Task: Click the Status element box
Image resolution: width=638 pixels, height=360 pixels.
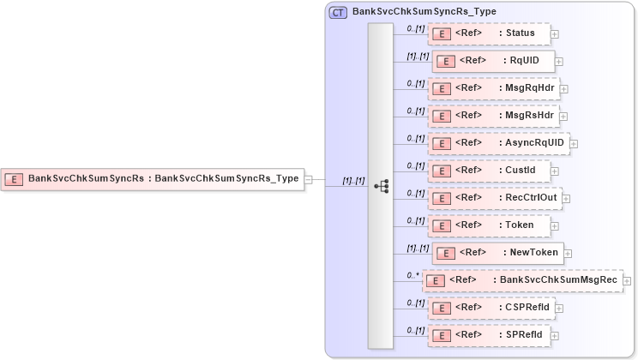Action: (489, 33)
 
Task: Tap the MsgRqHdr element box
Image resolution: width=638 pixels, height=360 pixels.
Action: (493, 88)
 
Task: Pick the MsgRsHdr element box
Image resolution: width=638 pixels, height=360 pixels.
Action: (493, 116)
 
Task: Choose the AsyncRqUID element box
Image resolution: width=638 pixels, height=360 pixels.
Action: (498, 143)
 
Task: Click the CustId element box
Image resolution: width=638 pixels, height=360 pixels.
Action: (489, 171)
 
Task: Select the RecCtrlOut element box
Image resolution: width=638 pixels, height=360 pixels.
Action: (495, 198)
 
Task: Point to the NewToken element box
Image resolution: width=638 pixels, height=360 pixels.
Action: (497, 253)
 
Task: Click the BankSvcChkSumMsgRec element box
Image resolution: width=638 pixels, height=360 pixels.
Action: (522, 280)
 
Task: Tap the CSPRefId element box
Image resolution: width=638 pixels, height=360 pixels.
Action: (491, 308)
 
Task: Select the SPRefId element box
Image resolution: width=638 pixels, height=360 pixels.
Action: (489, 335)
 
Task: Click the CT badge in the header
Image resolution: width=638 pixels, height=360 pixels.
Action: (338, 12)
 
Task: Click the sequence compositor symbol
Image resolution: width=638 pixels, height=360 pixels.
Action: (382, 186)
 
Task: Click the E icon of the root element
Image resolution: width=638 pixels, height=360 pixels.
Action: (14, 179)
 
